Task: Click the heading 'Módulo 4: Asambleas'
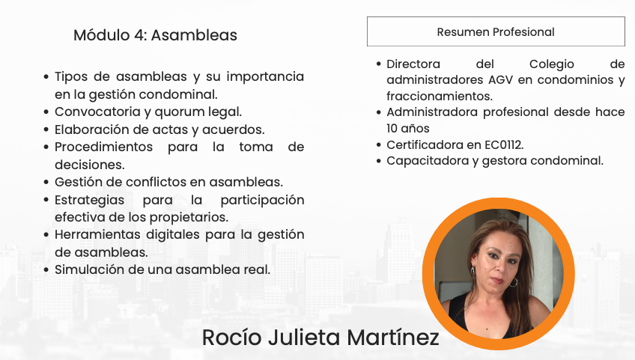point(155,35)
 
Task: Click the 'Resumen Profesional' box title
point(496,32)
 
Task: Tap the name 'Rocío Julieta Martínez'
point(320,338)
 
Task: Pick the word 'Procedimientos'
point(103,147)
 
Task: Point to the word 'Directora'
point(413,64)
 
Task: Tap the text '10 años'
point(408,129)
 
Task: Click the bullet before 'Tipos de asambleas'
point(46,76)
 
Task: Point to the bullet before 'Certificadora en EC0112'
point(379,145)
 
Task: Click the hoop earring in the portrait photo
point(513,282)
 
